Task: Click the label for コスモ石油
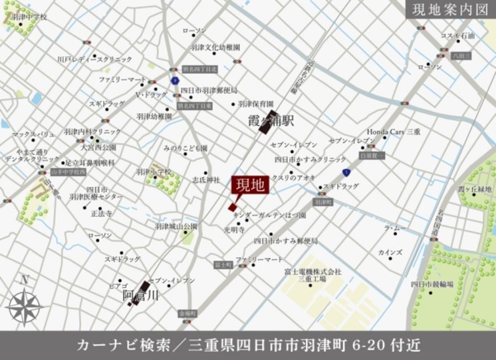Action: pos(457,35)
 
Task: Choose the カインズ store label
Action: pos(390,252)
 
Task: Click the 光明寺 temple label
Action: pos(234,229)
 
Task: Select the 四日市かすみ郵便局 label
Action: pos(285,241)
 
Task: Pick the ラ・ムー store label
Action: pos(395,227)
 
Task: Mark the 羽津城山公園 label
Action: pos(176,226)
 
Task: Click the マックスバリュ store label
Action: pos(33,134)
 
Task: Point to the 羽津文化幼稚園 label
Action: pos(215,47)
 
